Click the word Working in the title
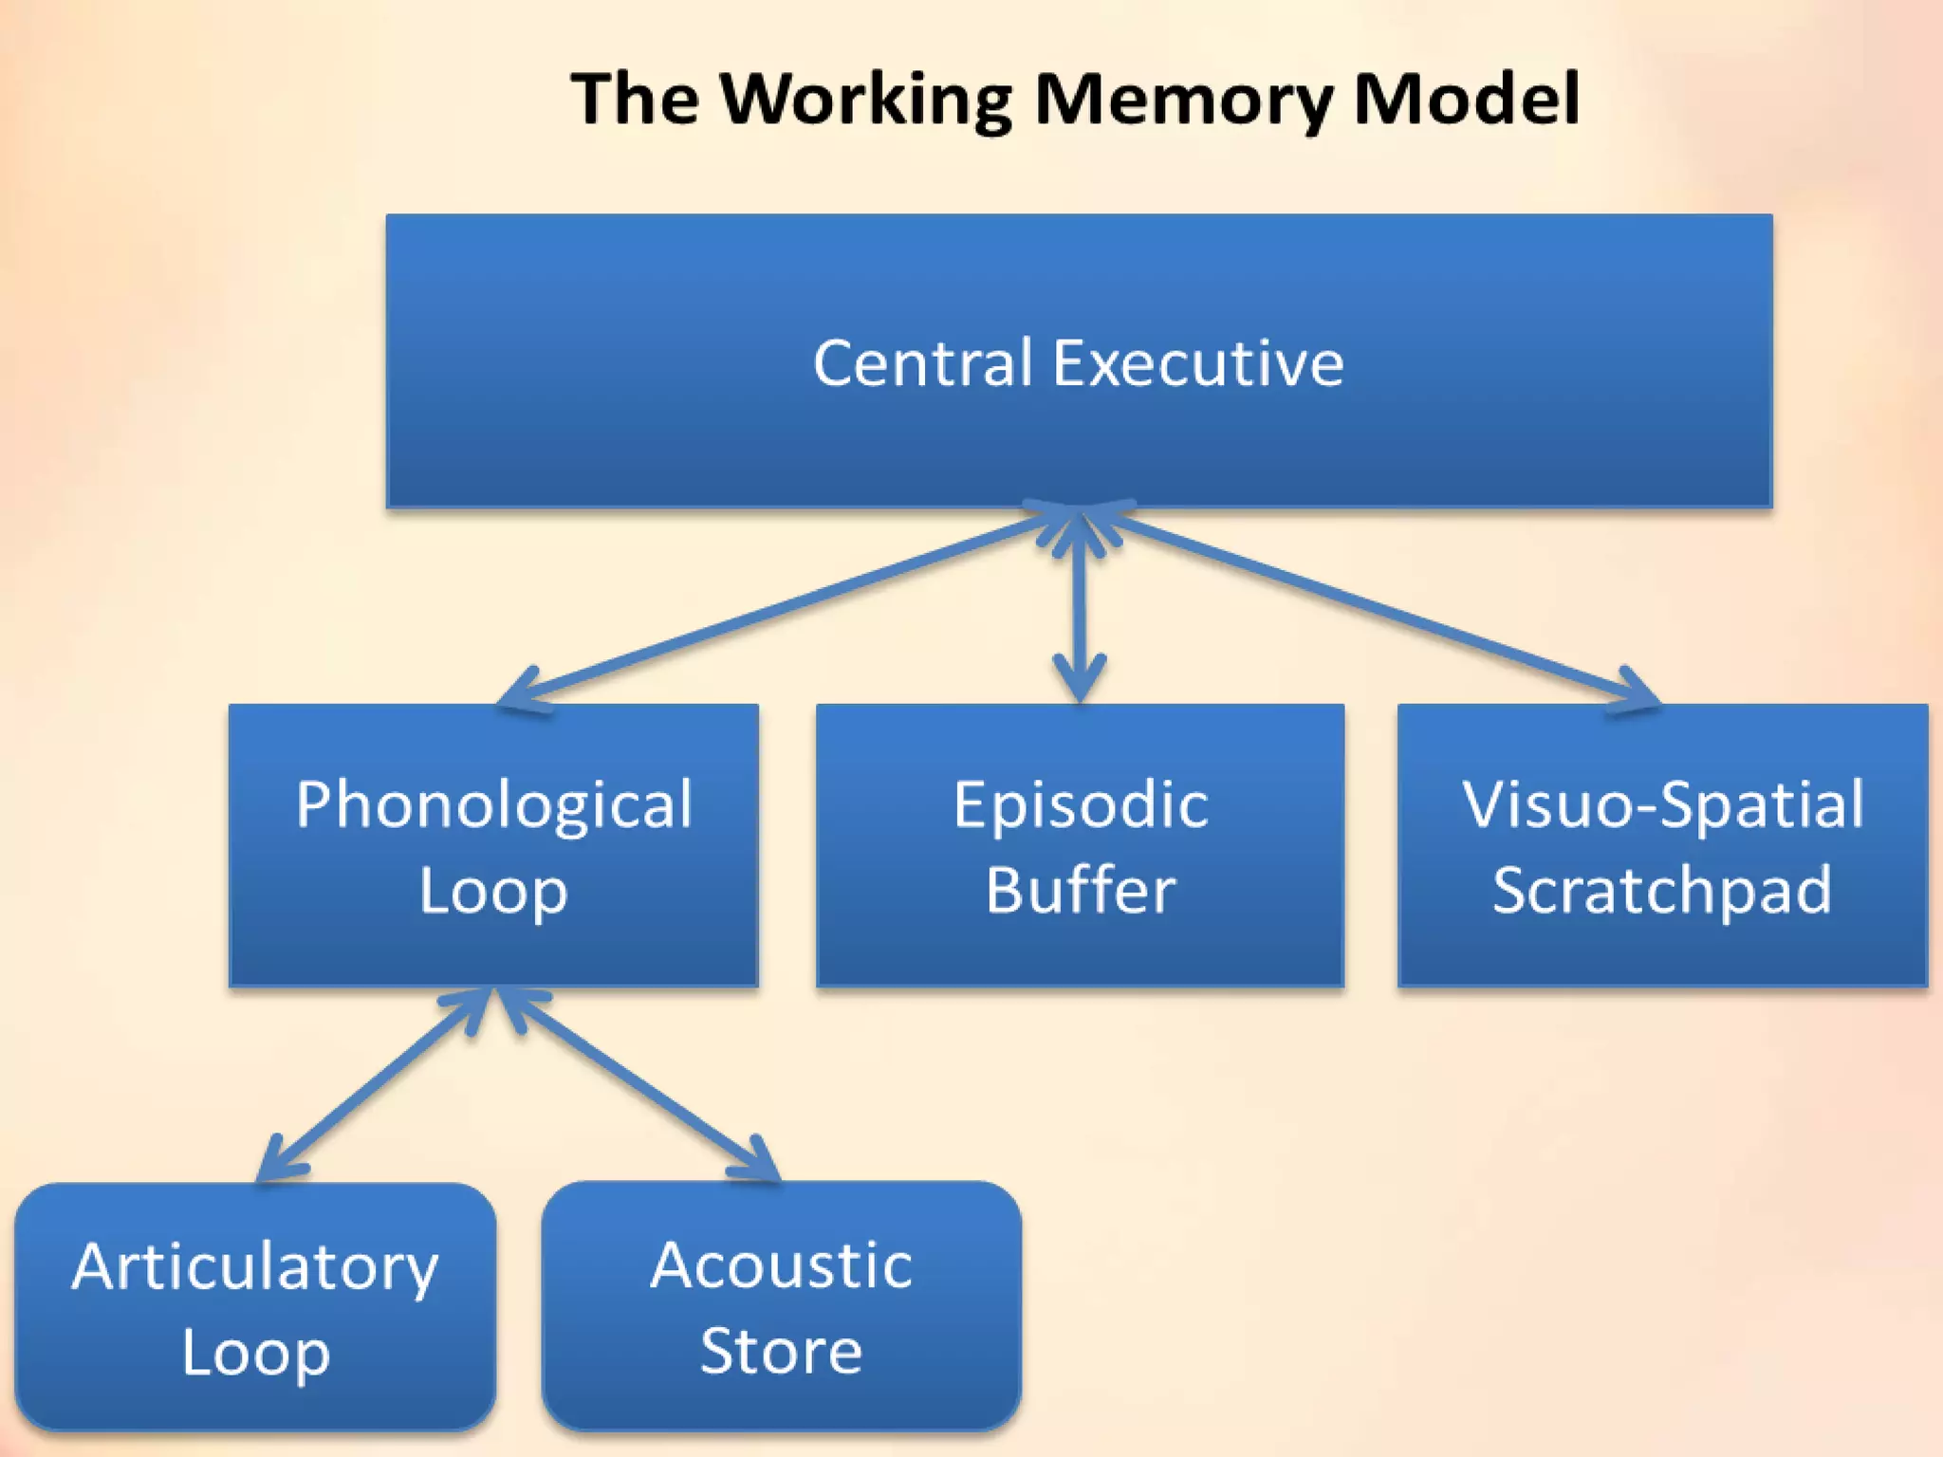coord(865,100)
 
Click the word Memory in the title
coord(1184,100)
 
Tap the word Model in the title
coord(1466,100)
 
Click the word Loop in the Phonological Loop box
coord(493,892)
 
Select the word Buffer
coord(1081,891)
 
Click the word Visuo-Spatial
coord(1662,804)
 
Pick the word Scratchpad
coord(1662,891)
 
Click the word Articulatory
coord(255,1267)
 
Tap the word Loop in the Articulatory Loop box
coord(255,1353)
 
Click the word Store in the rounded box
coord(781,1351)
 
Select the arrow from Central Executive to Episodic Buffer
coord(1080,607)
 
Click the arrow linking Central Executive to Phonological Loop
coord(787,607)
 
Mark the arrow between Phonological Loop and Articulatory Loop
coord(375,1087)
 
